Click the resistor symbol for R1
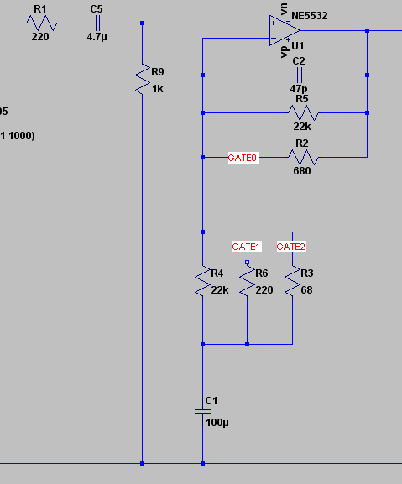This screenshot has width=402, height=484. (40, 23)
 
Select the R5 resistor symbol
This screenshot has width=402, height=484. (302, 112)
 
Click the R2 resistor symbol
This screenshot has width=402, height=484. (302, 157)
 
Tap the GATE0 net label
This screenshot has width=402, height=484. (243, 157)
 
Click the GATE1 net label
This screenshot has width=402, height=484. (247, 247)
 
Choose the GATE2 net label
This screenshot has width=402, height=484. (291, 247)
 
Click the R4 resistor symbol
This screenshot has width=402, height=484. (202, 283)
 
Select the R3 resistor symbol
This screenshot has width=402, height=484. (291, 283)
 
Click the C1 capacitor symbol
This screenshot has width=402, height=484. (202, 411)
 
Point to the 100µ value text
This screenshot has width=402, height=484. (217, 423)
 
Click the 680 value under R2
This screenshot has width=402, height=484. (302, 170)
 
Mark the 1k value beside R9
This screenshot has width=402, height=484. (157, 87)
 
